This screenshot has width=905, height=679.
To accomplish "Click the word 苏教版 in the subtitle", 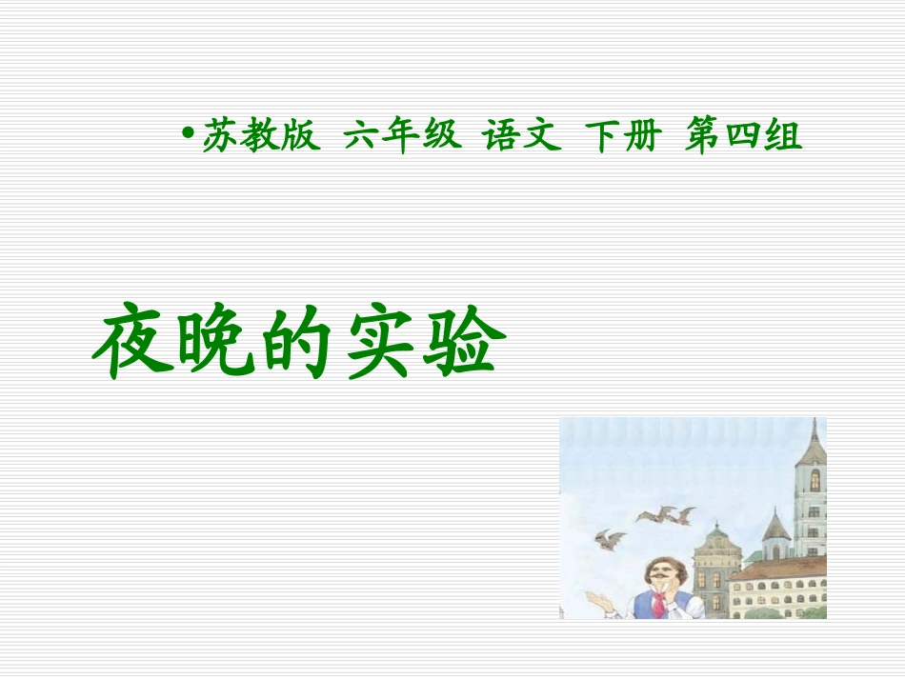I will (x=257, y=138).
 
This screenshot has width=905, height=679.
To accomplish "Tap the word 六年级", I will (x=402, y=138).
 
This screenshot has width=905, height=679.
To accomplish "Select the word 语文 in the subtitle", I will (x=519, y=138).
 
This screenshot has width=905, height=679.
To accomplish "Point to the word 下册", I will (x=622, y=138).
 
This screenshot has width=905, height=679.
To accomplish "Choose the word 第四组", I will (x=743, y=138).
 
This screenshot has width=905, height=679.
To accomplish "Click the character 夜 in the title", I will (x=131, y=344).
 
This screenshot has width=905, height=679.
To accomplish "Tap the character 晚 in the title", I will (x=211, y=344).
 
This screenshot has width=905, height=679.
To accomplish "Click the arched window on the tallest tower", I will (x=814, y=480).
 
